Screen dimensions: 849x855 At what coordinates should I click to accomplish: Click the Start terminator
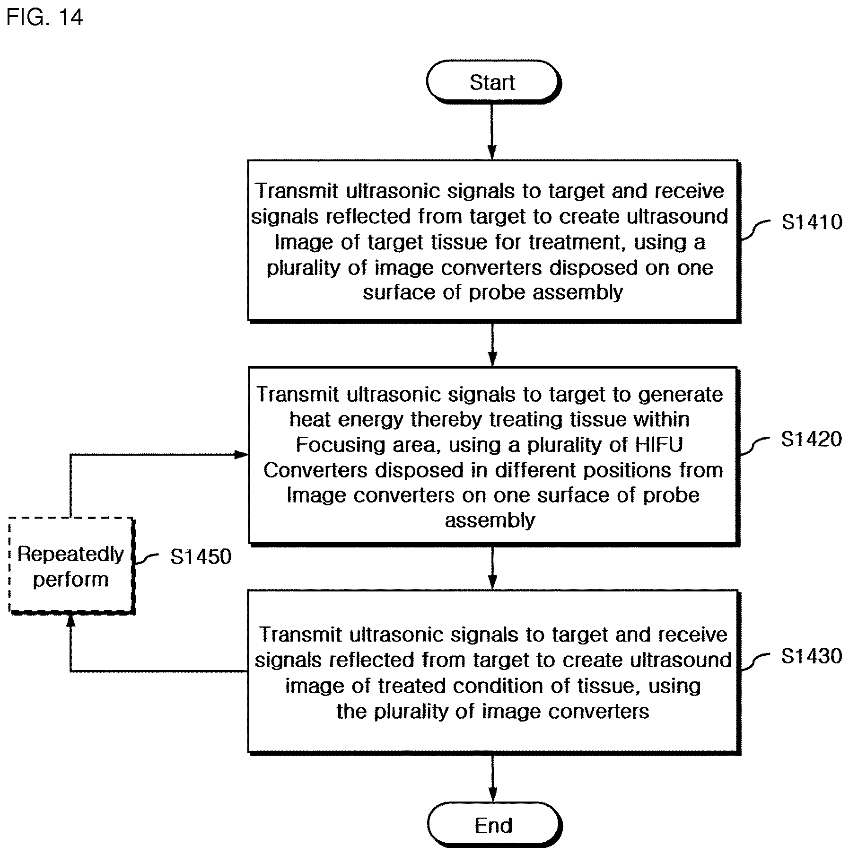[x=493, y=82]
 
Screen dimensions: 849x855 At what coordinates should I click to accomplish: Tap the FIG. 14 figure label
[x=45, y=18]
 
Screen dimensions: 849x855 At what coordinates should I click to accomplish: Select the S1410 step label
[x=812, y=222]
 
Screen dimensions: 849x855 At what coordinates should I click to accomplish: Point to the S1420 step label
[x=811, y=439]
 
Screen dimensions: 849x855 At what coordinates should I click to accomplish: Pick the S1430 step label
[x=812, y=656]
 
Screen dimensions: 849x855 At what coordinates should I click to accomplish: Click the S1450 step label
[x=201, y=556]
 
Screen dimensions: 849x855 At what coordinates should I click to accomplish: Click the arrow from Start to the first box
[x=492, y=132]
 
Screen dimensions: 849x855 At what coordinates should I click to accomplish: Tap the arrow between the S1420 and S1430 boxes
[x=492, y=568]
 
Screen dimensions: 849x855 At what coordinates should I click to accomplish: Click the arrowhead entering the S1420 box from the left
[x=242, y=455]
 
